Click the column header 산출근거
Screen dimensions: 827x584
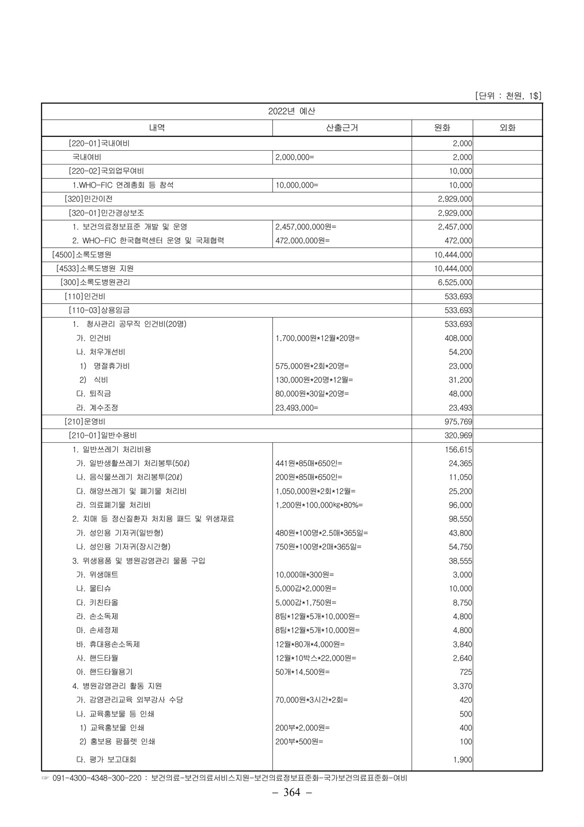point(342,128)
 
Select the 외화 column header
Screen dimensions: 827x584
point(507,128)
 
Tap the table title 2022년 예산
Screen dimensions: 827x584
point(292,111)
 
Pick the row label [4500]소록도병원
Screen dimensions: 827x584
point(81,255)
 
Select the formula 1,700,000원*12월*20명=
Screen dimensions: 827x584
point(317,338)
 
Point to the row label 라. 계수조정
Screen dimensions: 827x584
point(97,407)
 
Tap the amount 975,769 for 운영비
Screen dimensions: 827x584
point(458,421)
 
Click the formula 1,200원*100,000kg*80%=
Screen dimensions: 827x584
point(319,505)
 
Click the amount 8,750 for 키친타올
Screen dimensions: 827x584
point(463,603)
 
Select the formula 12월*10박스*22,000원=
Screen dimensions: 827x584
point(316,658)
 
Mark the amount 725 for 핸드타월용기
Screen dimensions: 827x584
point(466,672)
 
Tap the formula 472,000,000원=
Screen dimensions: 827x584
point(302,241)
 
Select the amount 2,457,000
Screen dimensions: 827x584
point(455,227)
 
